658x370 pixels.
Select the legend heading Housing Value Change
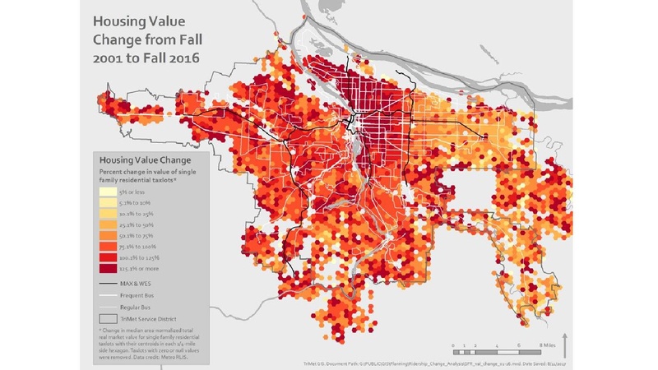145,159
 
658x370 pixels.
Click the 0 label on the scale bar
453,346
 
